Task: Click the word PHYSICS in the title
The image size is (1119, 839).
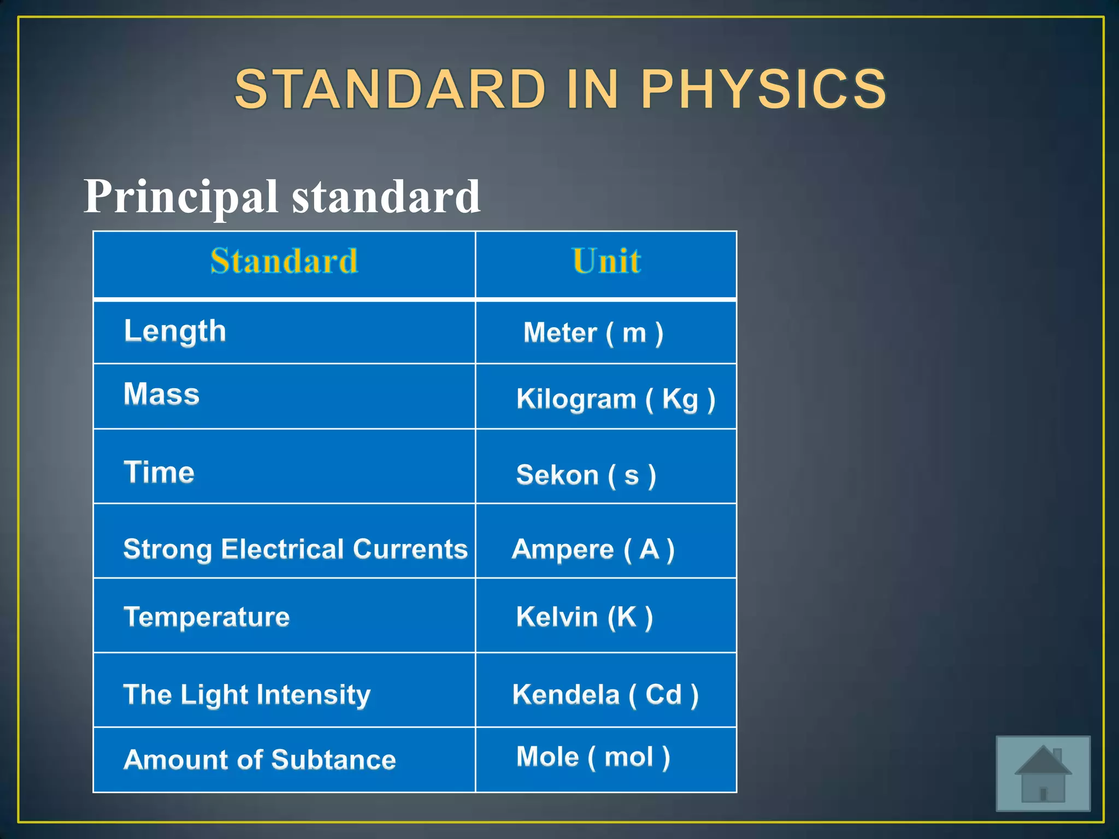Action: point(763,89)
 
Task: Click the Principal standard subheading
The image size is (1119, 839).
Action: point(282,197)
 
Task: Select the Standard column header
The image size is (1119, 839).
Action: point(284,261)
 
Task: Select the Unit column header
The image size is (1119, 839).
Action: point(606,261)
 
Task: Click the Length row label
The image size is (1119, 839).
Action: point(175,332)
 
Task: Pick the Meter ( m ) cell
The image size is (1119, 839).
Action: point(593,333)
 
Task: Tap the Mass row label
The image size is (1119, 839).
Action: point(162,394)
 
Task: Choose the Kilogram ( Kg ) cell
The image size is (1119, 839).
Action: point(616,399)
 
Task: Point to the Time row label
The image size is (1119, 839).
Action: point(159,472)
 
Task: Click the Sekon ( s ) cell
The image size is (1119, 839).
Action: point(586,475)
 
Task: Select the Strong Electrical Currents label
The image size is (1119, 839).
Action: point(295,549)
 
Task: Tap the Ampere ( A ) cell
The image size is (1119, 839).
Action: point(593,549)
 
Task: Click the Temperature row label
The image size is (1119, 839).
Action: point(207,617)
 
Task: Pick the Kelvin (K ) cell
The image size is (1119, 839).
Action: point(584,617)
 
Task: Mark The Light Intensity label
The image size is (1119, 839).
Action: point(247,695)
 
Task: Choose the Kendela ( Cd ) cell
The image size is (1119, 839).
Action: point(605,695)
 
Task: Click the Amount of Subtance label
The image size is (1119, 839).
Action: point(260,760)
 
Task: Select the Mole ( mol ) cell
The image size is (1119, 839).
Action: point(593,757)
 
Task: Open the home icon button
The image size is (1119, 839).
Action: point(1043,773)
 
